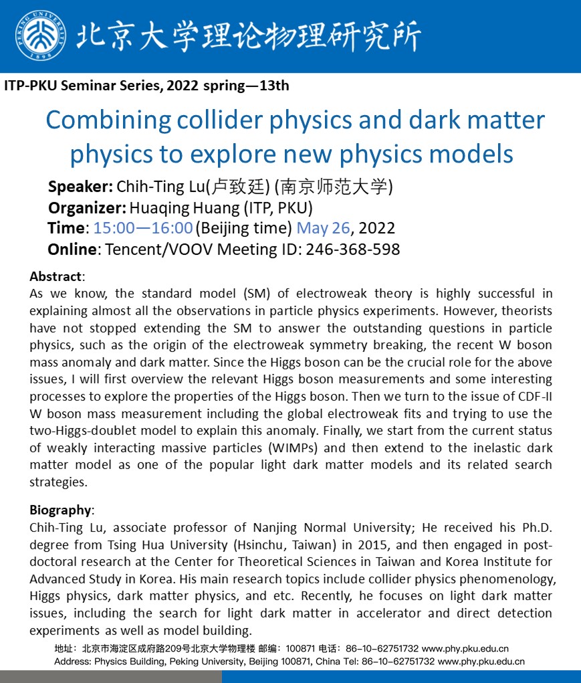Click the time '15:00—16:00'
(x=143, y=228)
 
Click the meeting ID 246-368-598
(x=353, y=250)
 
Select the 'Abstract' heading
(x=56, y=276)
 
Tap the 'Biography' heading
(x=60, y=510)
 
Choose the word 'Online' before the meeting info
(x=72, y=250)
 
